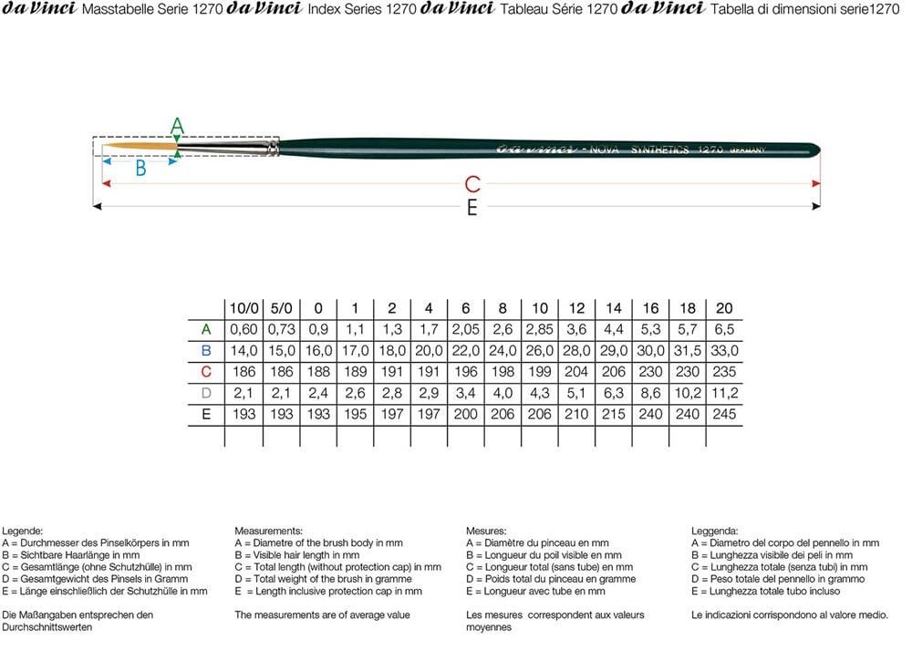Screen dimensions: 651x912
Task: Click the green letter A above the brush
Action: tap(178, 126)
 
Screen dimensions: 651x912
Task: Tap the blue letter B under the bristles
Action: tap(140, 168)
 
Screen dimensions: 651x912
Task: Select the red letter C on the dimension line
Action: tap(472, 184)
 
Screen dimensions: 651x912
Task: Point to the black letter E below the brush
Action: tap(472, 209)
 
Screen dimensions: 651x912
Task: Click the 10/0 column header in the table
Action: tap(243, 309)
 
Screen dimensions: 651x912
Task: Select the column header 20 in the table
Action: tap(724, 309)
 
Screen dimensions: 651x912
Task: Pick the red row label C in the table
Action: tap(206, 372)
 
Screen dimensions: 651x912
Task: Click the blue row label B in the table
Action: tap(206, 351)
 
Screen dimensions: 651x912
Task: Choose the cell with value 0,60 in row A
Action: tap(243, 330)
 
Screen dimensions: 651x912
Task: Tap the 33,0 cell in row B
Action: tap(724, 351)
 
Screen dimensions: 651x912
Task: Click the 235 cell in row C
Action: tap(724, 372)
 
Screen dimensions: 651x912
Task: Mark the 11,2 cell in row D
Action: tap(724, 393)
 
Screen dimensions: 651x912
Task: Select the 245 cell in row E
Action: tap(724, 414)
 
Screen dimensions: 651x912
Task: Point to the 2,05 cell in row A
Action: tap(466, 330)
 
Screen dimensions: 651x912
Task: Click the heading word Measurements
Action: tap(269, 530)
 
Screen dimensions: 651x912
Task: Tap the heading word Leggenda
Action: tap(715, 530)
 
